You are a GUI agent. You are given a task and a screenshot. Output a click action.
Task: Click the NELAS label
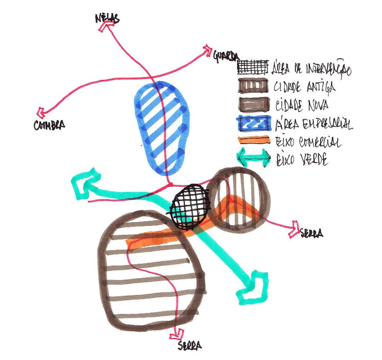(x=107, y=18)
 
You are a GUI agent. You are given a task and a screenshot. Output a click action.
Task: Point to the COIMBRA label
(x=49, y=124)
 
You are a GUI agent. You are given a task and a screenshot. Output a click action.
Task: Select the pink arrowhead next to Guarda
(x=208, y=49)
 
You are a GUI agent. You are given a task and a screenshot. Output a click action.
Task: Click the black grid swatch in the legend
(x=252, y=68)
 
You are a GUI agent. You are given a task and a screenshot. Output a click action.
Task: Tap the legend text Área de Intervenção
(x=312, y=69)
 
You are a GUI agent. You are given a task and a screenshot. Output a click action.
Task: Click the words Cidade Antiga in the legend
(x=305, y=87)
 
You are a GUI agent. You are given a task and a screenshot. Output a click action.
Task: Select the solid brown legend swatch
(x=252, y=104)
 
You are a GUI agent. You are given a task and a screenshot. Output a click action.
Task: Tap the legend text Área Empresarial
(x=312, y=123)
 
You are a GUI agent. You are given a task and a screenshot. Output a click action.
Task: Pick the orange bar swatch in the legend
(x=252, y=140)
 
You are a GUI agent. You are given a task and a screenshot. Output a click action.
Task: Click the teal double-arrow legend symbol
(x=253, y=158)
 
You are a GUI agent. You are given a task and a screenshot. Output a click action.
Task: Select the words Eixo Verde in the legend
(x=301, y=159)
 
